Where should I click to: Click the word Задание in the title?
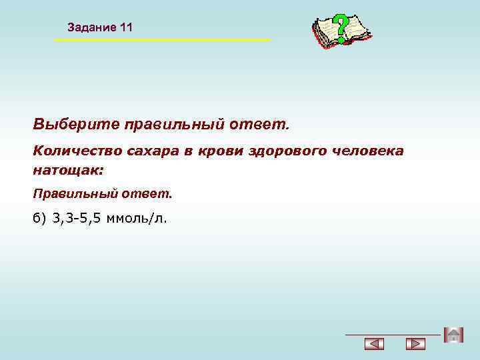[x=91, y=27]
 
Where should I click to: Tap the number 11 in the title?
[x=127, y=27]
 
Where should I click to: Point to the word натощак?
[x=67, y=170]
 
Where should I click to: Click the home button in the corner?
[x=453, y=335]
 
